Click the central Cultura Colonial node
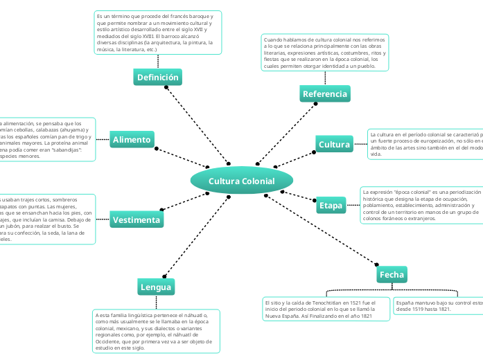click(242, 181)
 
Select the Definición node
click(158, 78)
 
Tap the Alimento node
click(131, 140)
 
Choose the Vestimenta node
click(137, 220)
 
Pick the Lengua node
click(155, 287)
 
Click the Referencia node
click(325, 93)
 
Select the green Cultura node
click(334, 145)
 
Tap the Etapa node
click(330, 206)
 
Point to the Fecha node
click(392, 275)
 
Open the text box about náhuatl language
click(156, 332)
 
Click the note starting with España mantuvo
click(437, 305)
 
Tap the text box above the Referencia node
click(324, 53)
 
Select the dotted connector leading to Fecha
click(323, 232)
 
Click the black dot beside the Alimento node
click(157, 148)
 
